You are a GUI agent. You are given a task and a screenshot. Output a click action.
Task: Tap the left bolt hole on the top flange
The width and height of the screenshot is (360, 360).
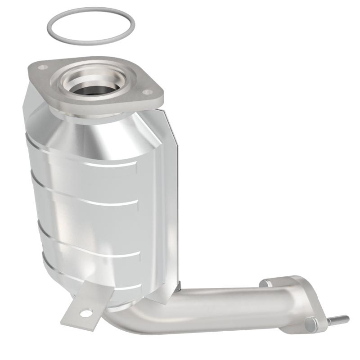tap(43, 67)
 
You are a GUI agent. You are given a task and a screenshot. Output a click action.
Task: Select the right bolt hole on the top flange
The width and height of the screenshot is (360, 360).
tap(146, 92)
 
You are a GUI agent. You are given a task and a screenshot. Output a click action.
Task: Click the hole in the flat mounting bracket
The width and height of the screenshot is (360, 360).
tap(85, 312)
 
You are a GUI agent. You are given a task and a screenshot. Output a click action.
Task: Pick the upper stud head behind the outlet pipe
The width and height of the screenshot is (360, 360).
tap(265, 283)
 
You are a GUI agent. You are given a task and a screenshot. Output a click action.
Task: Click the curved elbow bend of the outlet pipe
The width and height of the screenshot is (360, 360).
tap(130, 317)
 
